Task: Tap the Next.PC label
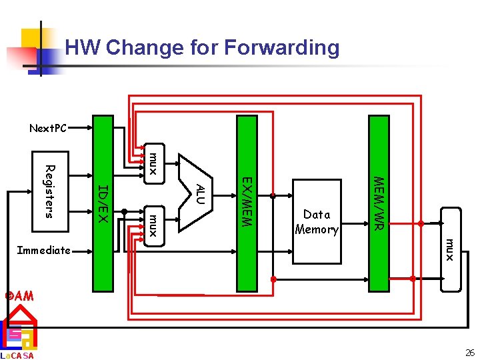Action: [48, 128]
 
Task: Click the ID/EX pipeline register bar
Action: [103, 203]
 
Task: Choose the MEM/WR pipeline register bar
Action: [379, 203]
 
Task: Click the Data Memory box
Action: [317, 222]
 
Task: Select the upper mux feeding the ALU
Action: [153, 163]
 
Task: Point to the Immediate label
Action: [44, 251]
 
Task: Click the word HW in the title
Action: [81, 48]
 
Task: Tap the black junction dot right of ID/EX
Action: [124, 211]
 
